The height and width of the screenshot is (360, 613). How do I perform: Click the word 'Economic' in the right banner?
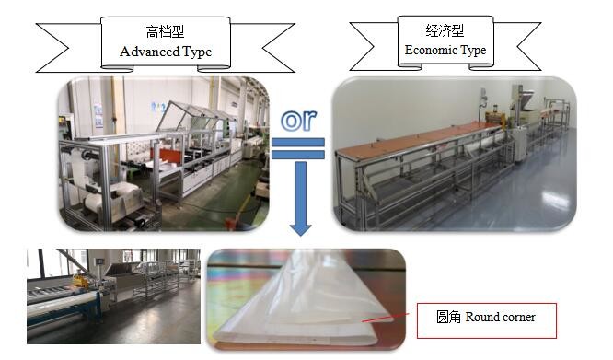(431, 50)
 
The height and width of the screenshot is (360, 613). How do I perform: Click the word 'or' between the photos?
(300, 121)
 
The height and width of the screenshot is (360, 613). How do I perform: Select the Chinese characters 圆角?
(448, 318)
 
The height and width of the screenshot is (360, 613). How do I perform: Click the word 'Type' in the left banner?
(197, 52)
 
